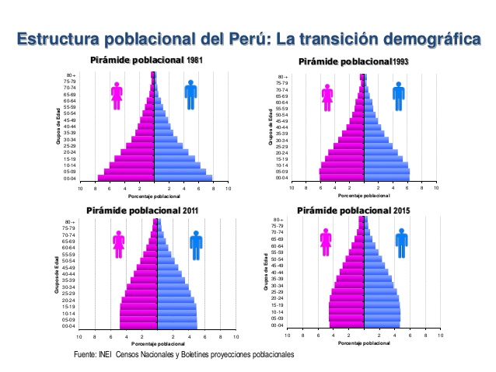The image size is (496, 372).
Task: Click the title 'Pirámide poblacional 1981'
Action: pos(147,60)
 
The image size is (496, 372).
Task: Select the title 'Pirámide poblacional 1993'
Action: pos(354,61)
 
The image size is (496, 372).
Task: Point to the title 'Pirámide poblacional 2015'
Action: pos(355,210)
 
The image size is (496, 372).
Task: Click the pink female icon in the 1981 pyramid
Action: pos(117,96)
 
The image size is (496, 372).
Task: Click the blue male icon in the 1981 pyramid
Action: pos(191,95)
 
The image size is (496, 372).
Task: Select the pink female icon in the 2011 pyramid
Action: pos(118,244)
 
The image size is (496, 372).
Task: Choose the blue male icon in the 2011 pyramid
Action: pos(194,244)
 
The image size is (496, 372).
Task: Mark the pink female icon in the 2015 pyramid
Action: pos(326,242)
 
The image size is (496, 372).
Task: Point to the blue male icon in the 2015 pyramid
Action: pos(401,242)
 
